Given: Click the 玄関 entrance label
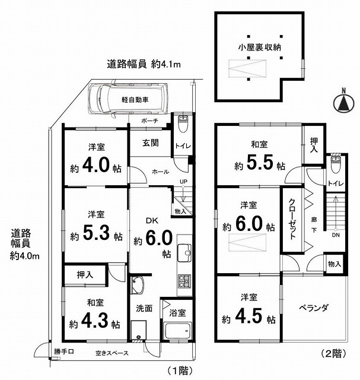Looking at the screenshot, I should tap(150, 143).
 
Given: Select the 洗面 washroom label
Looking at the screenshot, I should tap(145, 309).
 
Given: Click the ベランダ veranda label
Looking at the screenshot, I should tap(314, 307).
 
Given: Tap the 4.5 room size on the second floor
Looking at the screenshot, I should tap(256, 318).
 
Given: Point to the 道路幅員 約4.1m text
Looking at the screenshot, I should tap(144, 64).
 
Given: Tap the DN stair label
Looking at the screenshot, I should tap(336, 235).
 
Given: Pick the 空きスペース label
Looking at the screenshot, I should tap(111, 354).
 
